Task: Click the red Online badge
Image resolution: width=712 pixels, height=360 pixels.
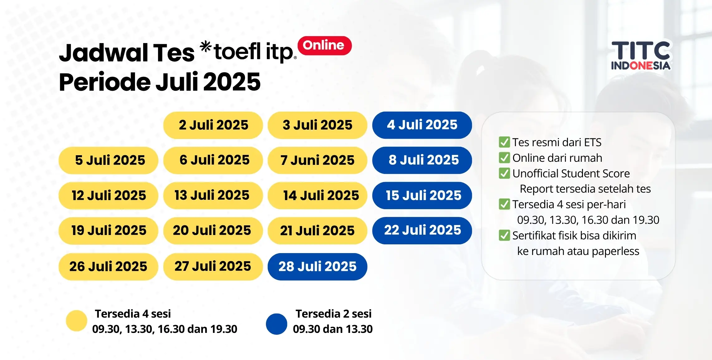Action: click(324, 46)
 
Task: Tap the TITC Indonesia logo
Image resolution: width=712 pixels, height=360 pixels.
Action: click(641, 55)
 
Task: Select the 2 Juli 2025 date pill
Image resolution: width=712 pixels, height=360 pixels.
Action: click(213, 125)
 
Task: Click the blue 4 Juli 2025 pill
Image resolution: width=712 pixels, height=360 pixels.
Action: click(422, 125)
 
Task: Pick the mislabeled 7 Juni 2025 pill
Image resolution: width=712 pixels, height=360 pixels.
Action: click(317, 160)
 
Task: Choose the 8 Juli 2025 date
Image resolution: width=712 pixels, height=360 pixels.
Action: click(422, 160)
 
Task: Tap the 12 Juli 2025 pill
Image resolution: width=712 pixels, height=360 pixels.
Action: click(108, 195)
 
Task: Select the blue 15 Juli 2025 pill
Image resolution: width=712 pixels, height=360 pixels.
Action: click(422, 195)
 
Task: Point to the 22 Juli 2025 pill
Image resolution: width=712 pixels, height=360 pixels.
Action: click(422, 231)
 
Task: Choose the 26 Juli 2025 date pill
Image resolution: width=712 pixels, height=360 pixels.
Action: click(108, 266)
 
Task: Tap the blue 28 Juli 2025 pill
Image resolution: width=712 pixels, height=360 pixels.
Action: click(317, 266)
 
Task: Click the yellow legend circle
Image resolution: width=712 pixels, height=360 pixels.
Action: click(76, 321)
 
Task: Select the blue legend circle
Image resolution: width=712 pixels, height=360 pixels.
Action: click(277, 324)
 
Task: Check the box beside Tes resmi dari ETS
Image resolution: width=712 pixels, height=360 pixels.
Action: click(504, 142)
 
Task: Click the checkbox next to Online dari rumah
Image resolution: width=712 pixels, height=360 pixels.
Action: click(504, 158)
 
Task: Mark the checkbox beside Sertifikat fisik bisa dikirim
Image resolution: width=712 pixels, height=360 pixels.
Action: click(504, 235)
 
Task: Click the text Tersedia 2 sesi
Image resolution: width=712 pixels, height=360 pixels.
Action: click(333, 314)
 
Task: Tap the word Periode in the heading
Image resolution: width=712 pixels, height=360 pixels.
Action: click(105, 82)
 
